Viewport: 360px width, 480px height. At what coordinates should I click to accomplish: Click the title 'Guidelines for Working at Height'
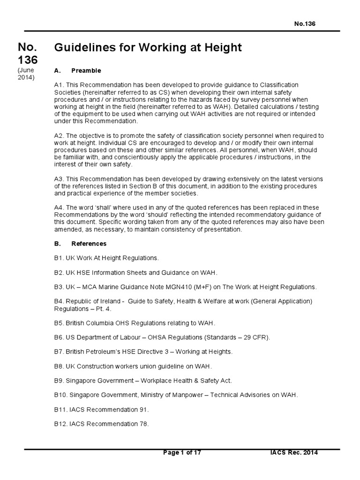(148, 47)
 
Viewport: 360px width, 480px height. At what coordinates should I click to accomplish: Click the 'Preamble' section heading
(86, 70)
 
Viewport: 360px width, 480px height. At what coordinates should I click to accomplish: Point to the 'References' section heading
(89, 244)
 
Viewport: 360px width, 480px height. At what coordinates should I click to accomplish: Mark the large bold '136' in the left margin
(28, 60)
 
